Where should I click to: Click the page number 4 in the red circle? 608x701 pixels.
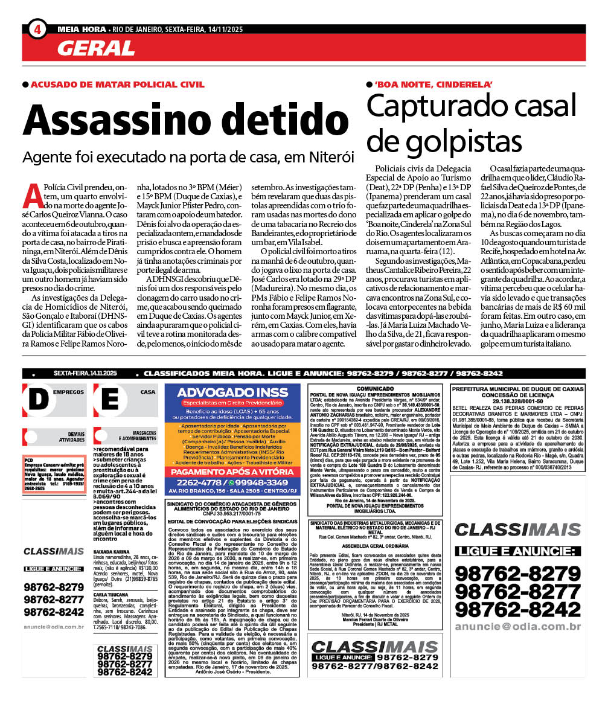pyautogui.click(x=37, y=28)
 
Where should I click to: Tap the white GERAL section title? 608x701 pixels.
pyautogui.click(x=96, y=48)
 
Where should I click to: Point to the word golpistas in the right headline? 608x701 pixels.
pyautogui.click(x=444, y=141)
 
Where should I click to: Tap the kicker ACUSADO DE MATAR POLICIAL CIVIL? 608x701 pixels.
pyautogui.click(x=117, y=85)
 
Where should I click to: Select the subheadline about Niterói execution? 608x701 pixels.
pyautogui.click(x=188, y=156)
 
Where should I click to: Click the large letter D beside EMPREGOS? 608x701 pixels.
pyautogui.click(x=37, y=399)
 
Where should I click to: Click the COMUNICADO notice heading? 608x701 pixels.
pyautogui.click(x=375, y=389)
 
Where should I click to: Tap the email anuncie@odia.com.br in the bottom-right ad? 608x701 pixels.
pyautogui.click(x=517, y=627)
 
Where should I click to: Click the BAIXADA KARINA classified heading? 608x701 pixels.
pyautogui.click(x=112, y=552)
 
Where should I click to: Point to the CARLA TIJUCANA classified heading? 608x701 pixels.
pyautogui.click(x=113, y=595)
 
